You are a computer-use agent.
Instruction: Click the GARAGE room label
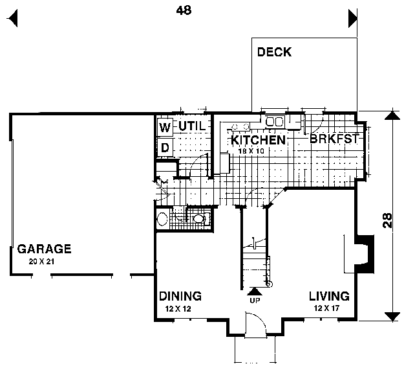(x=44, y=249)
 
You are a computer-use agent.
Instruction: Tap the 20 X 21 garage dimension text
(x=41, y=262)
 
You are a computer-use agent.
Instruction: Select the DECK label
(x=275, y=52)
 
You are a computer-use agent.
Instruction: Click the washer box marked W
(x=165, y=127)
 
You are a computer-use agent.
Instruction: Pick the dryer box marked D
(x=165, y=148)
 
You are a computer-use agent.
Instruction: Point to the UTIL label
(x=193, y=126)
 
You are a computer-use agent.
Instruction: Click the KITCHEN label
(x=258, y=140)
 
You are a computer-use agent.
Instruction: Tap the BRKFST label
(x=334, y=139)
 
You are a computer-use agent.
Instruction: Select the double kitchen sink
(x=275, y=122)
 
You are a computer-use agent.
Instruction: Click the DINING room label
(x=180, y=296)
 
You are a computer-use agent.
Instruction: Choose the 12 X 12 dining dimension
(x=178, y=308)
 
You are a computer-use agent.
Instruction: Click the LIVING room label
(x=329, y=296)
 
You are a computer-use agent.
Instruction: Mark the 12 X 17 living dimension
(x=326, y=308)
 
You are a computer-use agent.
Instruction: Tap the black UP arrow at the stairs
(x=255, y=292)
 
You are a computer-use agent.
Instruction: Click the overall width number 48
(x=184, y=10)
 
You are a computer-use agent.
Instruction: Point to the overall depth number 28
(x=387, y=220)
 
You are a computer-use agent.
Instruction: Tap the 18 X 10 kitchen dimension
(x=251, y=151)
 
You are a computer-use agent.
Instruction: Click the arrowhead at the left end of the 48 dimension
(x=12, y=18)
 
